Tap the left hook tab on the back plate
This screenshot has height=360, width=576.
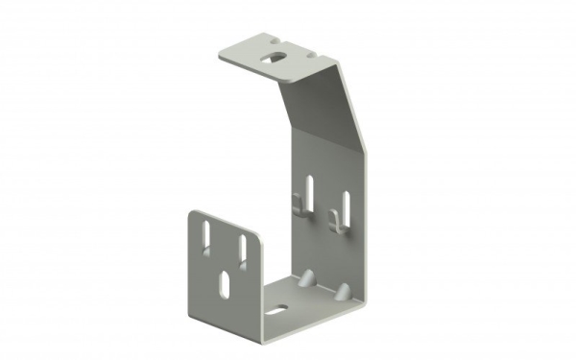pyautogui.click(x=300, y=207)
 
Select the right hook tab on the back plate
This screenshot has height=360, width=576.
pyautogui.click(x=334, y=223)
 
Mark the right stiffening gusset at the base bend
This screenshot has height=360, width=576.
pyautogui.click(x=342, y=289)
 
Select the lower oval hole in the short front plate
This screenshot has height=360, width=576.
pyautogui.click(x=224, y=284)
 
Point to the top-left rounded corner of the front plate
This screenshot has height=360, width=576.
pyautogui.click(x=193, y=213)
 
